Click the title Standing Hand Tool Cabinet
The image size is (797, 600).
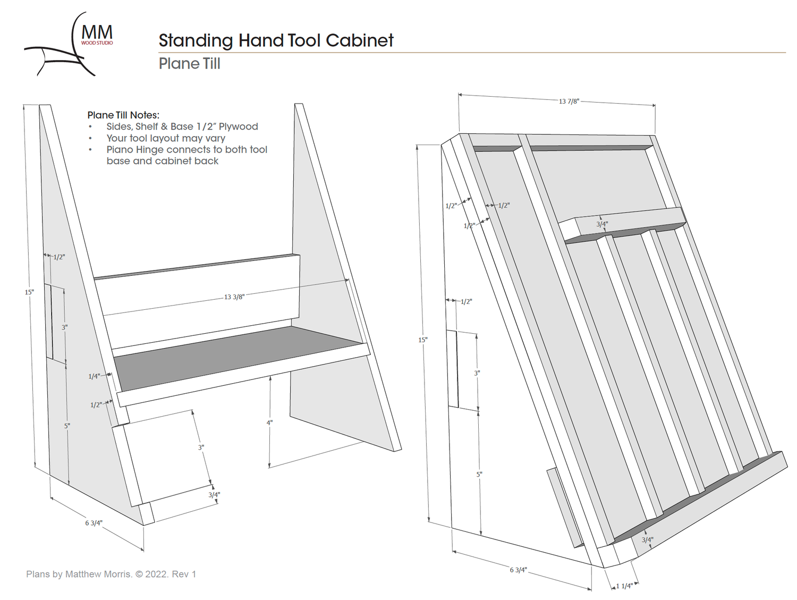pos(276,40)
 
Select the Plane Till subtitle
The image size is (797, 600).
pos(189,64)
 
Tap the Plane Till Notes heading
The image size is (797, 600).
pos(123,115)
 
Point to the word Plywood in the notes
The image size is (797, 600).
pos(238,126)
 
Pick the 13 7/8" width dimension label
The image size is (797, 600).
pos(569,101)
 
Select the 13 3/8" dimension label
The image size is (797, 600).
pos(234,297)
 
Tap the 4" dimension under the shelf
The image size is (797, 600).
pos(269,422)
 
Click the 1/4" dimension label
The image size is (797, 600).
pos(94,376)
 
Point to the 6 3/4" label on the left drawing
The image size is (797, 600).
pos(94,523)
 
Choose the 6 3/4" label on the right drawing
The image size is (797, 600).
pos(518,570)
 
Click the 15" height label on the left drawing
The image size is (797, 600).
pos(29,292)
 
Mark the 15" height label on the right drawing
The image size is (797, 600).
pos(422,340)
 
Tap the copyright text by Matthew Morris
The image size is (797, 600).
pos(111,574)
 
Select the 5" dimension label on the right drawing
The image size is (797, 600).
pos(479,474)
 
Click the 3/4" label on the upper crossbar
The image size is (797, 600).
pos(601,224)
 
